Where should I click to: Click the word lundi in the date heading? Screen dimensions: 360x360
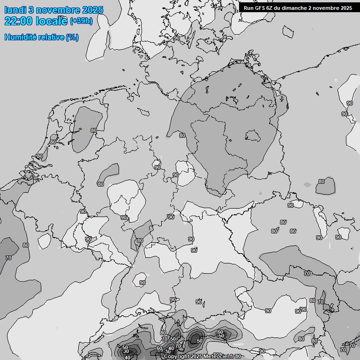15,10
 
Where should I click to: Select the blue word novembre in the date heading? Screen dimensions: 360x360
59,10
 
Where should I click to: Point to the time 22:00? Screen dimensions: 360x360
18,21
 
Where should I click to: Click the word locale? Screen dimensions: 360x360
52,21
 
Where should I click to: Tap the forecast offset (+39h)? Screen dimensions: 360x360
81,21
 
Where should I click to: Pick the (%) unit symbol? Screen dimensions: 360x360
72,37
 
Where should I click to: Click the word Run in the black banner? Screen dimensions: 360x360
248,7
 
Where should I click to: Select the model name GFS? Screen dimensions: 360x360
260,7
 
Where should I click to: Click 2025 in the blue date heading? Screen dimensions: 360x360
93,10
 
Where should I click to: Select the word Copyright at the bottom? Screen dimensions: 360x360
176,357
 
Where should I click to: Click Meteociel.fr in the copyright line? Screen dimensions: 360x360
219,357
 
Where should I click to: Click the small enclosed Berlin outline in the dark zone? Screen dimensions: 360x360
254,136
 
